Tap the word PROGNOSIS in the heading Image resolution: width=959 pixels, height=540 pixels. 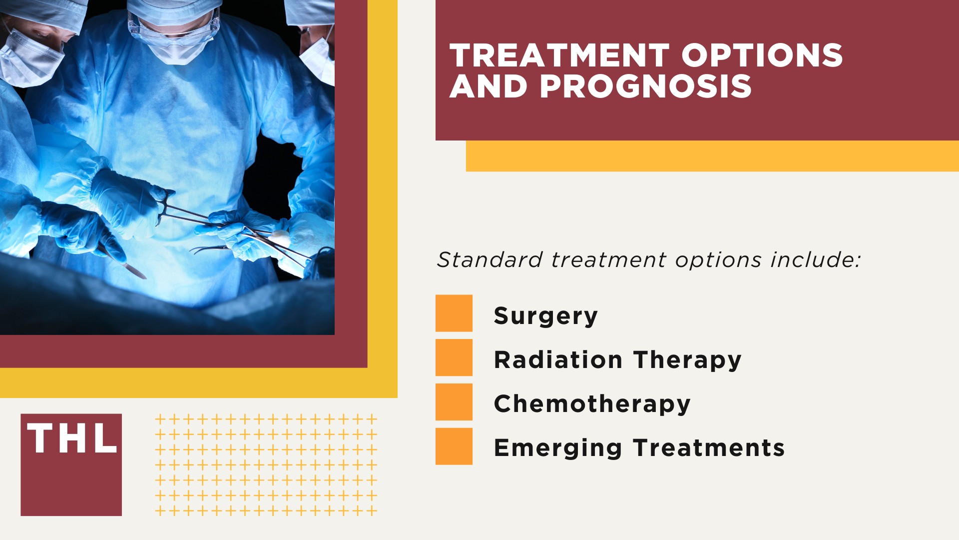click(x=645, y=86)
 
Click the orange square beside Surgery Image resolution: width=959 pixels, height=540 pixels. click(x=454, y=313)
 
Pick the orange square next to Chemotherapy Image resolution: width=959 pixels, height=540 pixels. click(x=454, y=401)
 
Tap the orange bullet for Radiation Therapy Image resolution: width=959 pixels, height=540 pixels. click(x=454, y=357)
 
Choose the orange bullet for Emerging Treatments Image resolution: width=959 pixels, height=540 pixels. click(x=454, y=446)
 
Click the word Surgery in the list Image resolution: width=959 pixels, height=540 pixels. click(x=545, y=316)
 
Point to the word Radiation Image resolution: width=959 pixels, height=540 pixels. click(x=558, y=360)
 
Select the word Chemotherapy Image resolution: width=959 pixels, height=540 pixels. click(x=592, y=404)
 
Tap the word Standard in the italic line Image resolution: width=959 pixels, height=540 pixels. click(x=489, y=260)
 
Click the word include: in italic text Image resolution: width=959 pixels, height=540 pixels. click(x=815, y=260)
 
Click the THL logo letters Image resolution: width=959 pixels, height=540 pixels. click(x=71, y=438)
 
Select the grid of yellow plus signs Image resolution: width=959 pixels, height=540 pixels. click(x=266, y=464)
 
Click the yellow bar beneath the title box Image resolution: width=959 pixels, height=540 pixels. click(x=712, y=156)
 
